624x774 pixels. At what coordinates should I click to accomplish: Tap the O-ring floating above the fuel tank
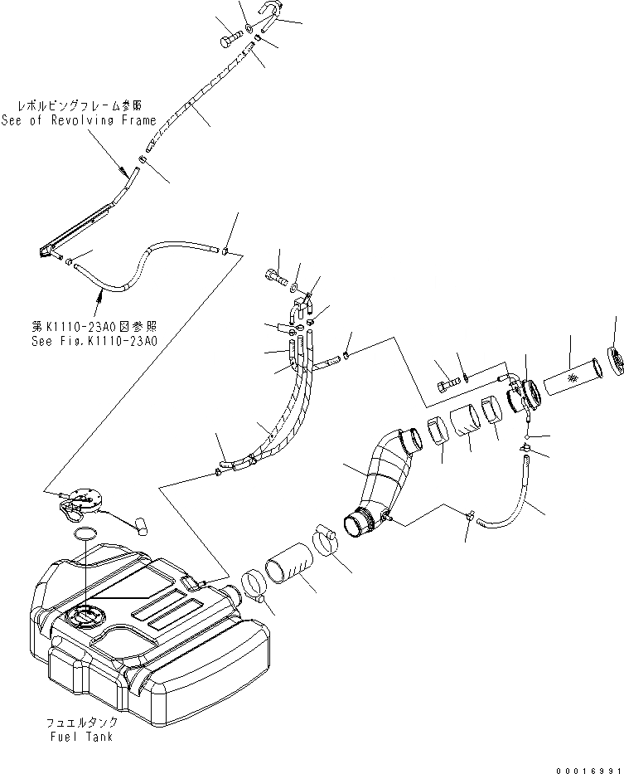pyautogui.click(x=85, y=533)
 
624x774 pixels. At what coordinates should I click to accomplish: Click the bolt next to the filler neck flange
pyautogui.click(x=446, y=383)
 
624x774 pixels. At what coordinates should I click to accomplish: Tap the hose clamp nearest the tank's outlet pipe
pyautogui.click(x=256, y=586)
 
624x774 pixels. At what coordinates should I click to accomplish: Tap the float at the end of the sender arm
pyautogui.click(x=139, y=524)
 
